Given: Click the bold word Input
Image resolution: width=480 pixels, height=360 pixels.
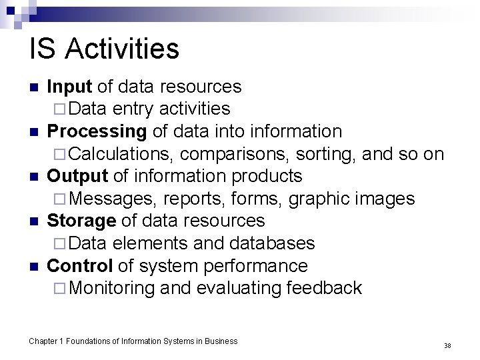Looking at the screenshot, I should coord(71,87).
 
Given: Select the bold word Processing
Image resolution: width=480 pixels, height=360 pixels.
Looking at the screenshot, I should coord(96,131).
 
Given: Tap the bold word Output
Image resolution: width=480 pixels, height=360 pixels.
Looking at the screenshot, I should coord(77,176).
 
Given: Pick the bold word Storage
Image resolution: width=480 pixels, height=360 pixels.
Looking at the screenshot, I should coord(81,221).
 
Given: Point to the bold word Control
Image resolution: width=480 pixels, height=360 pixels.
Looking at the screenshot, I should coord(79,265).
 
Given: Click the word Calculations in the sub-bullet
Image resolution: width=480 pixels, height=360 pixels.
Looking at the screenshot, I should coord(122,154).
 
